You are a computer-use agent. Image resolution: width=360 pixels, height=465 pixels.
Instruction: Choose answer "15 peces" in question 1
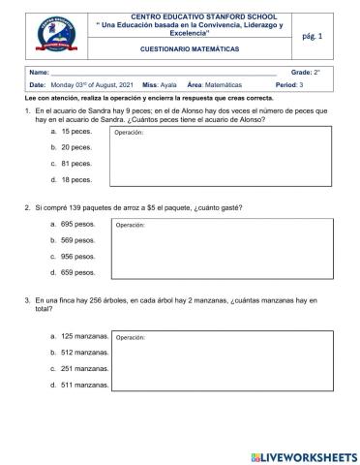pos(76,130)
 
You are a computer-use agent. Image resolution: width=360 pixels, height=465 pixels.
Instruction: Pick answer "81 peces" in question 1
pos(76,163)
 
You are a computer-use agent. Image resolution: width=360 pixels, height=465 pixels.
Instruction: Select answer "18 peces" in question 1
pos(76,179)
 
